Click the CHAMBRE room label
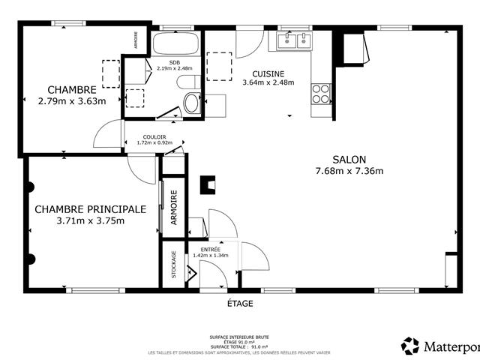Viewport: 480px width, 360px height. [72, 89]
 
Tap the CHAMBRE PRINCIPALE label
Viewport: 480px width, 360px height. [89, 209]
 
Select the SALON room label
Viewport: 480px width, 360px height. [349, 160]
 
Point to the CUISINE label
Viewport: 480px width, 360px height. [268, 73]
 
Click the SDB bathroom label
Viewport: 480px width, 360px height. [174, 62]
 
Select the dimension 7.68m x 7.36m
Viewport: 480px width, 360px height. [349, 171]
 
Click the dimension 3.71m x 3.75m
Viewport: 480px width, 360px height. [89, 220]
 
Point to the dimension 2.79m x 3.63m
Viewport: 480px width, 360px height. [72, 100]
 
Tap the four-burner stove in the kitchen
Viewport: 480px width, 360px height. [321, 93]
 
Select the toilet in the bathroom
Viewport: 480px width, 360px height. [191, 102]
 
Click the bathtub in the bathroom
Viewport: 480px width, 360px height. [175, 43]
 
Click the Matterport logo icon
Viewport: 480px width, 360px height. [410, 346]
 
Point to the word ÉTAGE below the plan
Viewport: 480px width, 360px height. [240, 304]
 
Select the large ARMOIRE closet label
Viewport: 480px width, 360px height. [174, 206]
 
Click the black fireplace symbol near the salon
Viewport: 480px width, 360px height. [208, 184]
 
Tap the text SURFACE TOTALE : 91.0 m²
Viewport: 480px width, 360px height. [240, 347]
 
